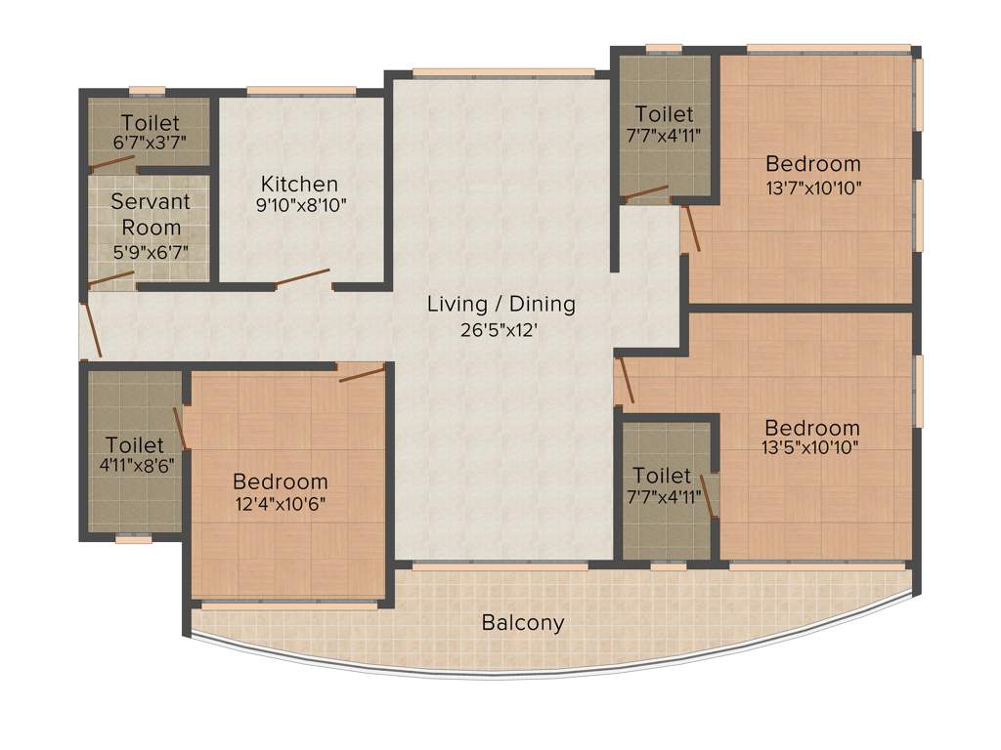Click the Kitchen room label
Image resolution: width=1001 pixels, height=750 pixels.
click(299, 184)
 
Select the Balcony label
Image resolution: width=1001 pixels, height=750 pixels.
click(522, 622)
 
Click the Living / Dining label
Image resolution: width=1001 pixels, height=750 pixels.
click(500, 304)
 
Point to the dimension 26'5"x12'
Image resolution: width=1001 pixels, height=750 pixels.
click(500, 330)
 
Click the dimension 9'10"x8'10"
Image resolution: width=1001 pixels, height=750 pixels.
click(299, 206)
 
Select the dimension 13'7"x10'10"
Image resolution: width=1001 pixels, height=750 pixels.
click(812, 187)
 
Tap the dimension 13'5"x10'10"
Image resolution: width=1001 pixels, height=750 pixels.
click(812, 451)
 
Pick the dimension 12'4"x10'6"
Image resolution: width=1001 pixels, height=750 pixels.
click(280, 504)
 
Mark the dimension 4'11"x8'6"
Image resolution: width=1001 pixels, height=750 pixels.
click(135, 467)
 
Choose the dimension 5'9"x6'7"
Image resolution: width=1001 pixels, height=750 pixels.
click(150, 251)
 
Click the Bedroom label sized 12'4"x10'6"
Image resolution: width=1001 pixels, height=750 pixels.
click(280, 481)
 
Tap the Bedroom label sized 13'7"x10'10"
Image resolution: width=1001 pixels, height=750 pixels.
click(812, 163)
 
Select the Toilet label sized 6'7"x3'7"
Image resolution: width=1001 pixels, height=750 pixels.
click(150, 123)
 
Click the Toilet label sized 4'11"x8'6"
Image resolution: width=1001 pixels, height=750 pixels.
click(135, 444)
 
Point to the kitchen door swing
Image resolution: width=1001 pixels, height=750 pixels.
click(302, 278)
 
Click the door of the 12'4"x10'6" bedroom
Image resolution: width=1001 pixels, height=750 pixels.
click(362, 373)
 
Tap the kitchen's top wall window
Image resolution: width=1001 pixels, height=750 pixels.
click(301, 91)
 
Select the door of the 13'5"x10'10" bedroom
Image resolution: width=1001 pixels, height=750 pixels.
click(626, 381)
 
